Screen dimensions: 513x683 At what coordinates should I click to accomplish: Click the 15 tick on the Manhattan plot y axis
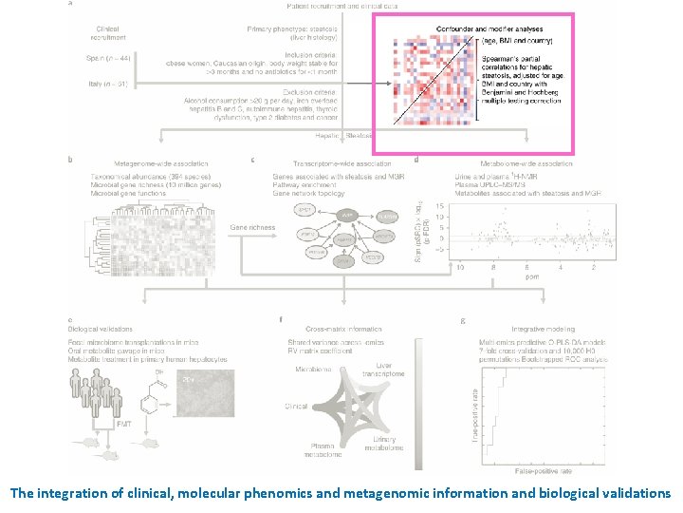[438, 205]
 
